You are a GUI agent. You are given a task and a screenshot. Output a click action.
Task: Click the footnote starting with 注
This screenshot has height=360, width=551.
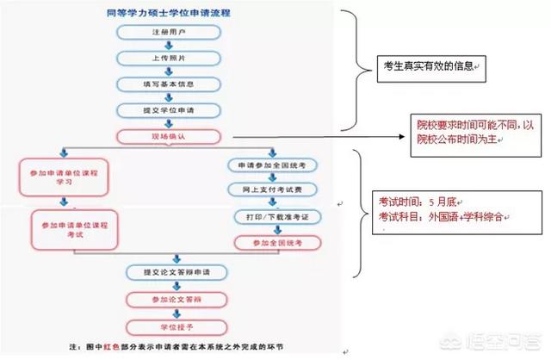172,347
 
